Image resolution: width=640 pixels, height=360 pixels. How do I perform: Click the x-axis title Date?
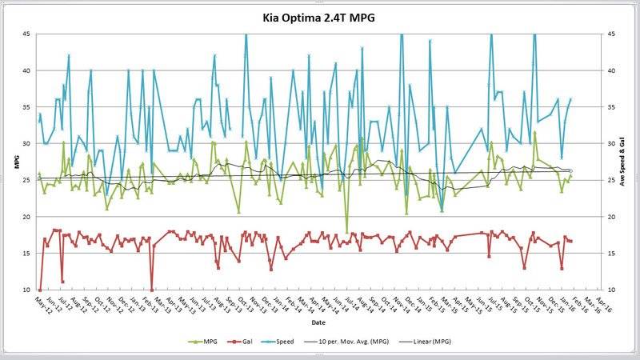click(x=318, y=322)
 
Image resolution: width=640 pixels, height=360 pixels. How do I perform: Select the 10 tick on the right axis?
click(x=610, y=290)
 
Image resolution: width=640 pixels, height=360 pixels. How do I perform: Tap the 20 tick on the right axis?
click(x=610, y=217)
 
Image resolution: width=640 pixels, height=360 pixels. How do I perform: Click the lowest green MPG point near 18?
click(x=347, y=231)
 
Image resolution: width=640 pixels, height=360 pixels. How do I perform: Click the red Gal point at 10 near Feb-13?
click(x=151, y=290)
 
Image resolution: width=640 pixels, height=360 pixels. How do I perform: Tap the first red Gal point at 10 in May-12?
click(x=40, y=290)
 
